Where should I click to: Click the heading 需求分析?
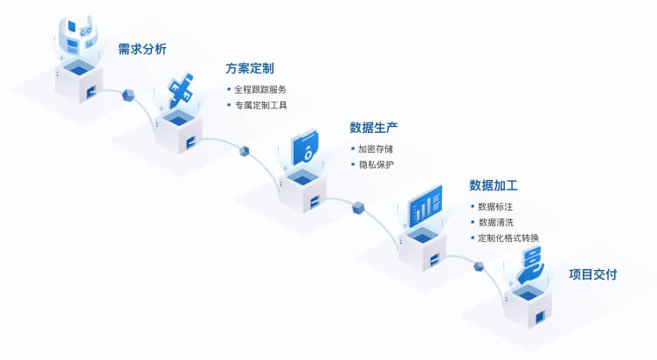point(142,49)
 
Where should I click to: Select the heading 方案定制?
point(250,69)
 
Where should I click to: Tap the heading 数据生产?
point(374,128)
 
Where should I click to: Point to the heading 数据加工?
point(494,185)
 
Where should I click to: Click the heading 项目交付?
point(593,274)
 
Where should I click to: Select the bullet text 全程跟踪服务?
point(259,89)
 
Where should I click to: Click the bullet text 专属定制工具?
point(259,105)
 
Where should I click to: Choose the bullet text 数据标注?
point(494,206)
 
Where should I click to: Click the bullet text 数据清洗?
point(494,222)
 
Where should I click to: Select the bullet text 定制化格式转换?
point(508,238)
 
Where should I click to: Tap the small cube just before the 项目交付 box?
point(478,266)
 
